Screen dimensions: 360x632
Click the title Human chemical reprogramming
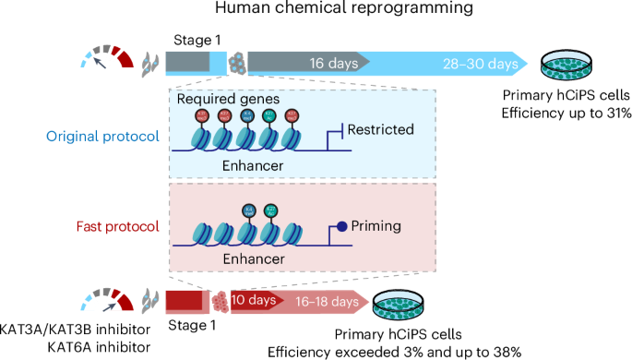(316, 12)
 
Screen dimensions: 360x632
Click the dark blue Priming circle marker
(341, 223)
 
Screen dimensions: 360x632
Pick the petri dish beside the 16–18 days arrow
(399, 302)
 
